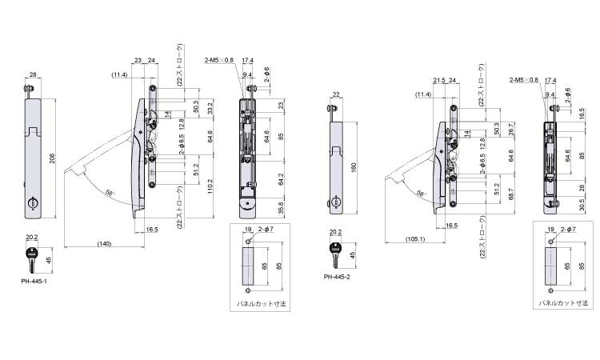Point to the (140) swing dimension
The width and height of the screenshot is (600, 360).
[x=103, y=242]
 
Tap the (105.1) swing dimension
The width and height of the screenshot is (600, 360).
[x=415, y=238]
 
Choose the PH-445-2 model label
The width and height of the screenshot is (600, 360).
[x=337, y=277]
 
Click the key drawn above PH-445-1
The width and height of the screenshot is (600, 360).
[x=32, y=258]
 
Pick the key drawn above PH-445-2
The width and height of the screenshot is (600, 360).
[x=334, y=254]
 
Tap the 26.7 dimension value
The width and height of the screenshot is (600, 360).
[x=510, y=128]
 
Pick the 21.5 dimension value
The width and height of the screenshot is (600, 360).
[x=439, y=81]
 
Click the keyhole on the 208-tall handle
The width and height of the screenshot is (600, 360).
[x=34, y=205]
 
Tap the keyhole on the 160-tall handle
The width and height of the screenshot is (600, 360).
[x=335, y=201]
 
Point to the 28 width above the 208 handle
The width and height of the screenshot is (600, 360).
[x=33, y=76]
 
